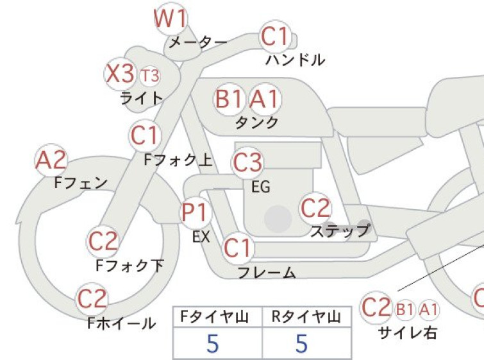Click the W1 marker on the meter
tap(171, 19)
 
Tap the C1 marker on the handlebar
tap(275, 37)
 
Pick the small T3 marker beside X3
tap(150, 76)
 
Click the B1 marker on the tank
tap(229, 99)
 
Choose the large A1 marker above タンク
tap(265, 99)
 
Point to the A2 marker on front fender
tap(51, 160)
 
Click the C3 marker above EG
tap(247, 163)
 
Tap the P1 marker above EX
tap(196, 212)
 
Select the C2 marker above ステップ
tap(315, 208)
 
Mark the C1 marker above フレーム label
tap(238, 248)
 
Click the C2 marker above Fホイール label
tap(92, 299)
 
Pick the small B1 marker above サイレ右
tap(405, 309)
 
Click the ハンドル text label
tap(295, 60)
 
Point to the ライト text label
tap(142, 98)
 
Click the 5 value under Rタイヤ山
tap(302, 343)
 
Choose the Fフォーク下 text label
tap(129, 266)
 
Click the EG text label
tap(261, 187)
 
